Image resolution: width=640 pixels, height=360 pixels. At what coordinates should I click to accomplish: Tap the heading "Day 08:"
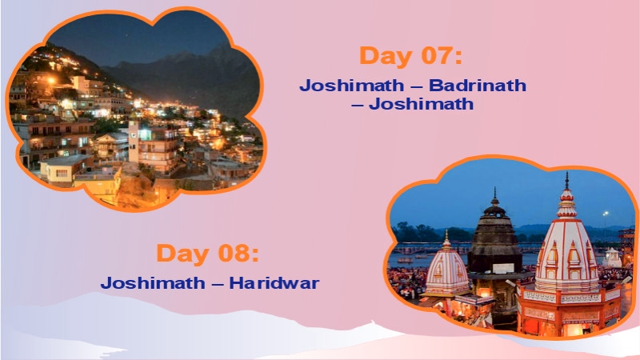tap(208, 254)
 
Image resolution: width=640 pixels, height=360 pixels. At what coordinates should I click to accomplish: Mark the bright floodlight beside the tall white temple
tap(605, 214)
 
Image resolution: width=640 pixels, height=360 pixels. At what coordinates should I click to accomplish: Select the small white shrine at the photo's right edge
tap(613, 258)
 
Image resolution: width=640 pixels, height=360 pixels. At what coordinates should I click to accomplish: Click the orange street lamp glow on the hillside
tap(51, 80)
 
